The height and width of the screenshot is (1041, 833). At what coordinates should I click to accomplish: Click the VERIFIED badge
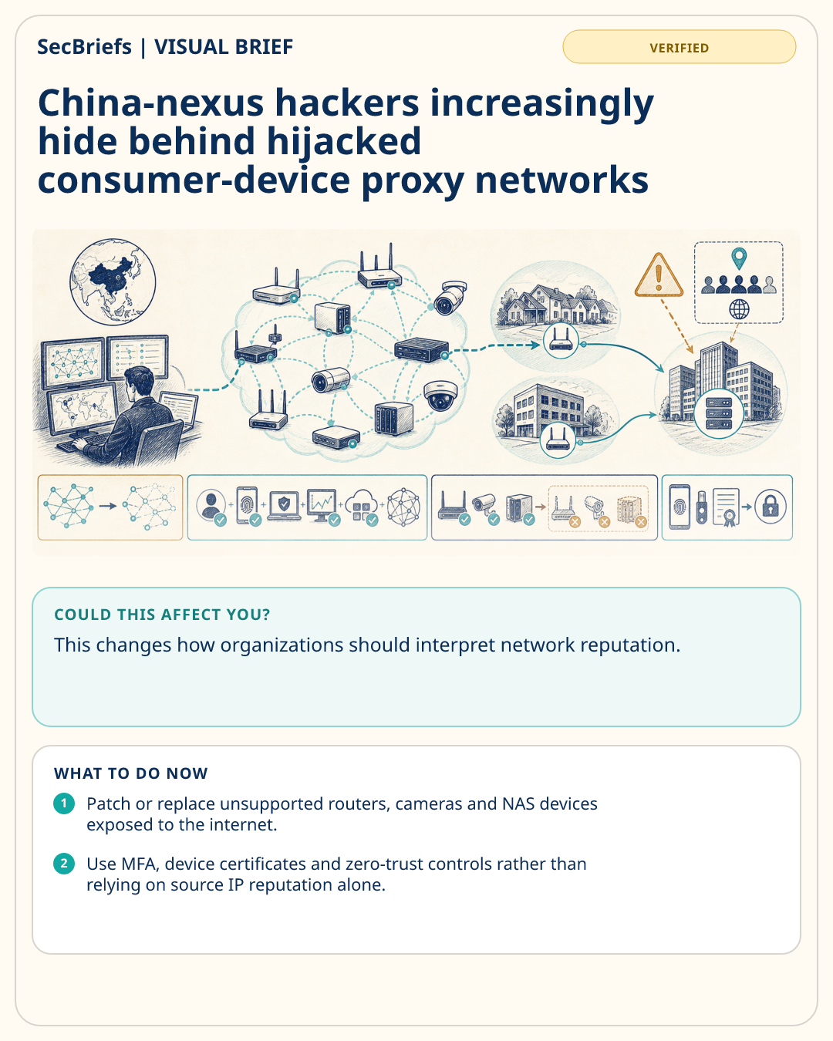tap(679, 47)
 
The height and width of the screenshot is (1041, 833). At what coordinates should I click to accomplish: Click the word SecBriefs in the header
tap(84, 47)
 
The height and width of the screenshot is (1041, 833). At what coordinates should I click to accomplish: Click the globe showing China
tap(113, 281)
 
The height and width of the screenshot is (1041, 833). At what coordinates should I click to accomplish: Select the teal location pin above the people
tap(739, 258)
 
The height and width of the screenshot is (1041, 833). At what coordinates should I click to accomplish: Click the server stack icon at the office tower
tap(719, 414)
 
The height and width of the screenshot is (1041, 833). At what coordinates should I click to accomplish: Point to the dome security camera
tap(440, 396)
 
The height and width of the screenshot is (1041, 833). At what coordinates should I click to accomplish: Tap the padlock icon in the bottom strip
tap(770, 507)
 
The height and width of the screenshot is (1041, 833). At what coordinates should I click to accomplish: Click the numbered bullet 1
tap(64, 803)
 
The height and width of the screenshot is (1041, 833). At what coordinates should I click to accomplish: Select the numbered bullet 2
tap(64, 864)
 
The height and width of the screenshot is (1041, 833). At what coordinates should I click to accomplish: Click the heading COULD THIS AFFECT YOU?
tap(162, 615)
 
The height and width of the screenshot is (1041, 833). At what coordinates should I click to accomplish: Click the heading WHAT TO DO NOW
tap(130, 773)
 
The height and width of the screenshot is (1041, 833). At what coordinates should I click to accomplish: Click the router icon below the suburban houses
tap(561, 341)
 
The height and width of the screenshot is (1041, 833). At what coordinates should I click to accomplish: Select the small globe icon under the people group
tap(739, 309)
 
